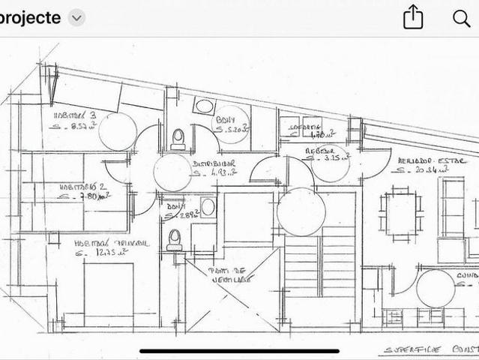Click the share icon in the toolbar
click(x=413, y=17)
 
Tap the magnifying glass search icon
click(x=462, y=18)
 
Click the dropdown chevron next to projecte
click(x=77, y=18)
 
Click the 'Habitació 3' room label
click(x=74, y=116)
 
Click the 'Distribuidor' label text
click(x=214, y=163)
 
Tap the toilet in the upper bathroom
click(x=178, y=139)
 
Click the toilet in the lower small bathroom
click(x=174, y=238)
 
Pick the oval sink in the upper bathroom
click(x=203, y=106)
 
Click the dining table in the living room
click(x=401, y=213)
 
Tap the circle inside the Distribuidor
click(x=172, y=173)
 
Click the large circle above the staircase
click(x=301, y=211)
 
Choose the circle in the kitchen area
click(x=436, y=288)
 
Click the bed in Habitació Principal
click(x=108, y=295)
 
